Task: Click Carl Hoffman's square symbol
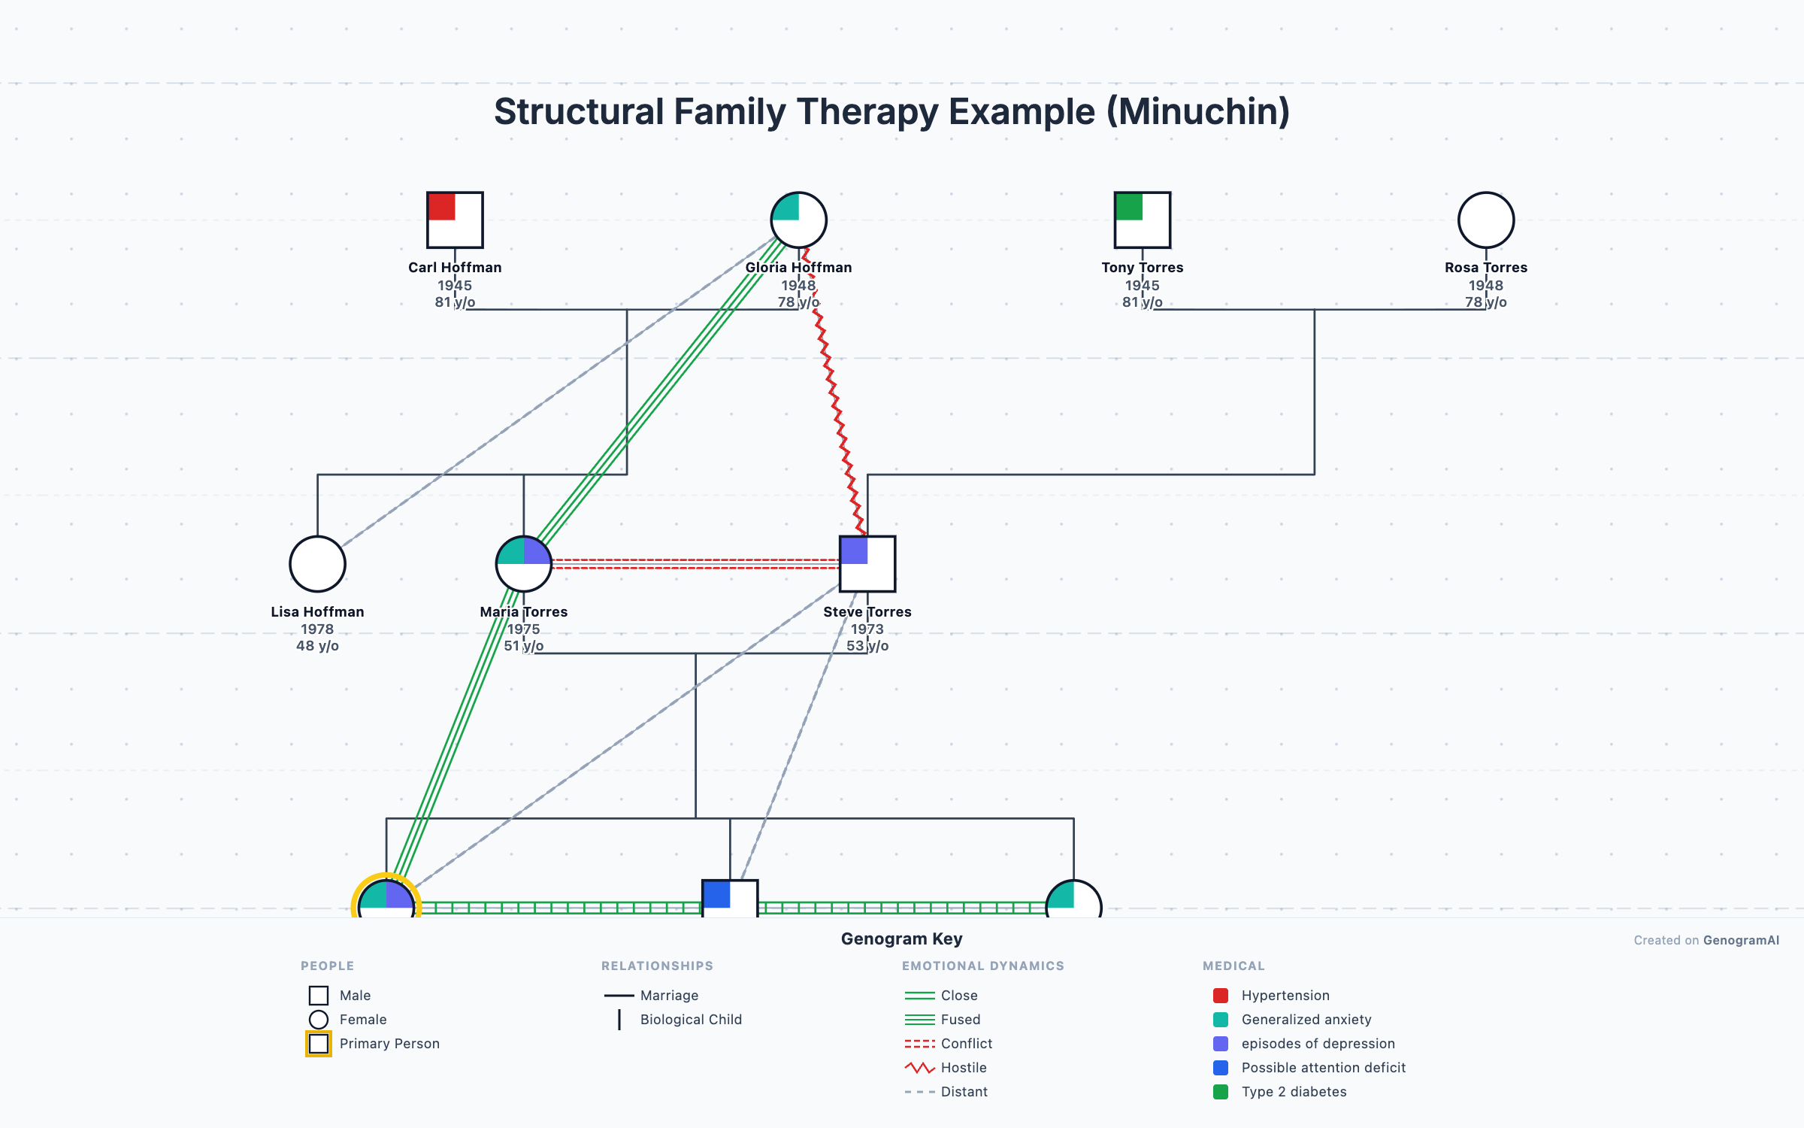pyautogui.click(x=455, y=220)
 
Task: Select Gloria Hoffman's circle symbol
pyautogui.click(x=798, y=220)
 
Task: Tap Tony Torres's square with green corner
pyautogui.click(x=1142, y=220)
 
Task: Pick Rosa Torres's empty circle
pyautogui.click(x=1485, y=220)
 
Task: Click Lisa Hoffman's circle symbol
pyautogui.click(x=317, y=564)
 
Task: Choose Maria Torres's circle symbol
pyautogui.click(x=524, y=564)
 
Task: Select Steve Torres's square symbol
pyautogui.click(x=867, y=564)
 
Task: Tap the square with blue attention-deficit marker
pyautogui.click(x=729, y=898)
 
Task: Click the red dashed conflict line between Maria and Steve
pyautogui.click(x=695, y=564)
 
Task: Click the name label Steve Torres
pyautogui.click(x=867, y=612)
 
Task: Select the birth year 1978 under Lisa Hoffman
pyautogui.click(x=317, y=629)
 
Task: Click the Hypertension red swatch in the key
pyautogui.click(x=1221, y=996)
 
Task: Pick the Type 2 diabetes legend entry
pyautogui.click(x=1294, y=1092)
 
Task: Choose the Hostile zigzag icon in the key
pyautogui.click(x=919, y=1068)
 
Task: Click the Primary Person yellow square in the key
pyautogui.click(x=319, y=1044)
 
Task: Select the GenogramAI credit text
pyautogui.click(x=1741, y=941)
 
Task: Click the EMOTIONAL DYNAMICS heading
pyautogui.click(x=983, y=966)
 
